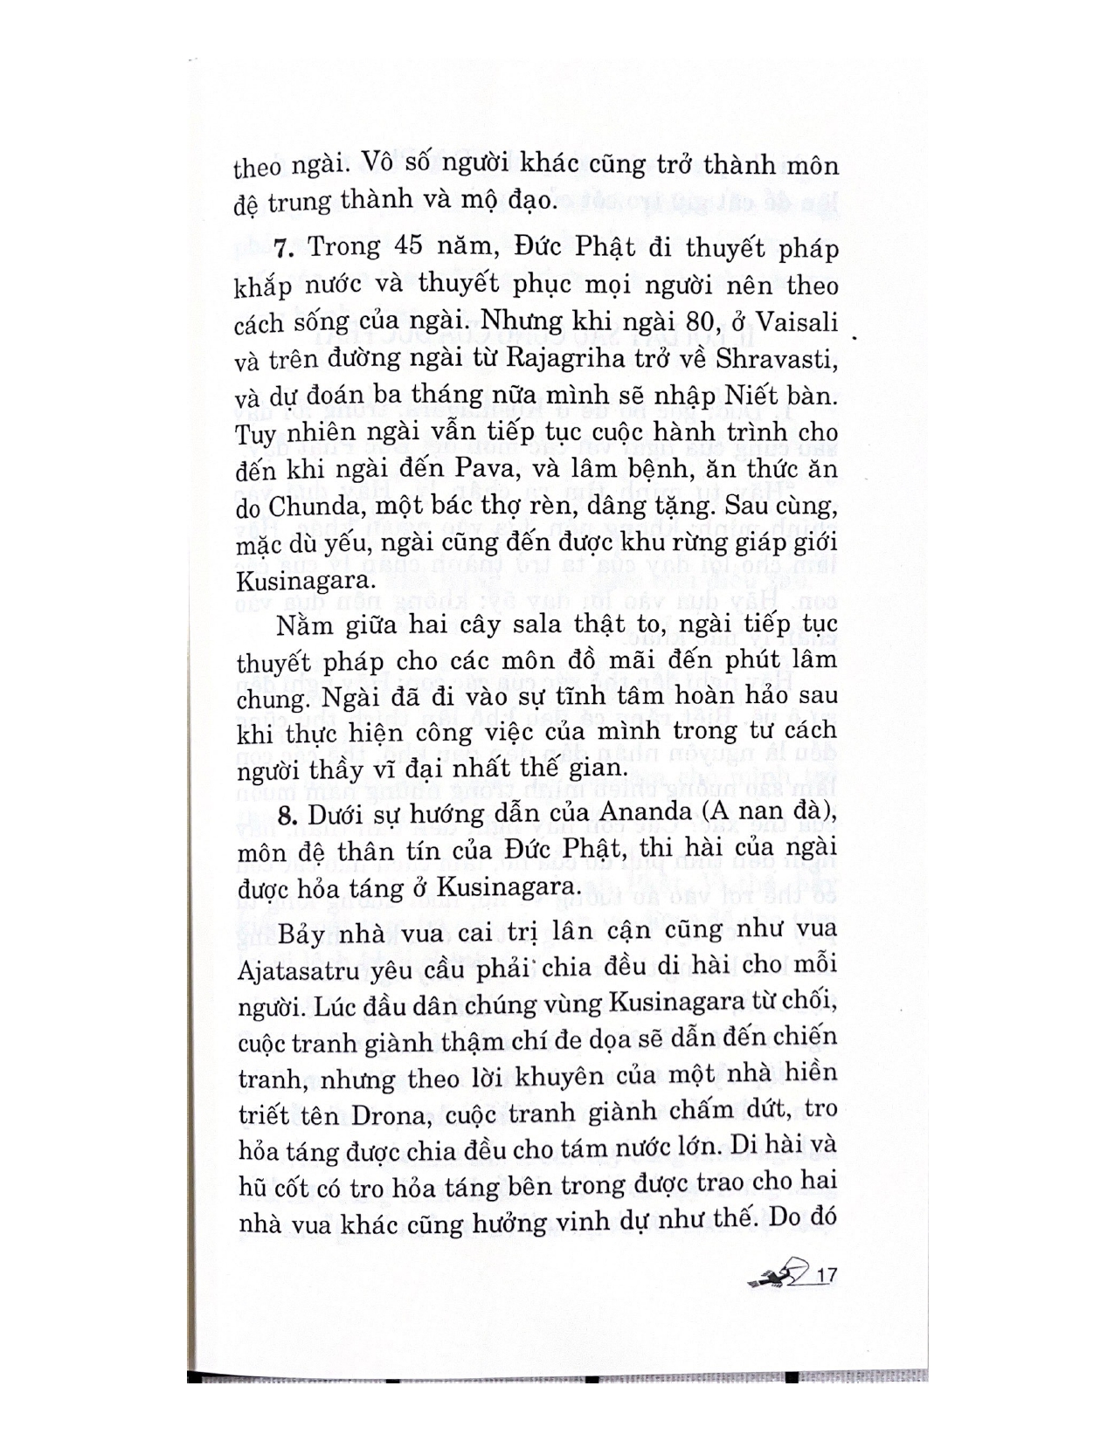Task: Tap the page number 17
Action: click(x=825, y=1276)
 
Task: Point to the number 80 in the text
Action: click(x=702, y=322)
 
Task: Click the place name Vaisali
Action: click(x=795, y=322)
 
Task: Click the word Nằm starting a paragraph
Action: click(x=300, y=625)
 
